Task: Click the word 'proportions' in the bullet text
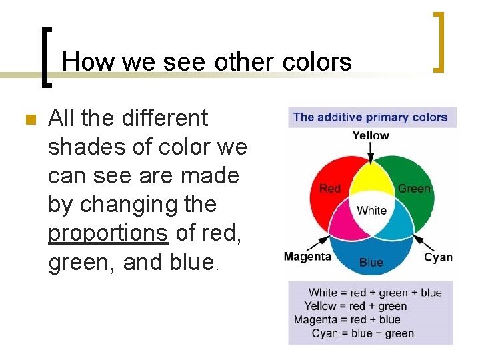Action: coord(108,233)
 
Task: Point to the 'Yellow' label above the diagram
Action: coord(371,135)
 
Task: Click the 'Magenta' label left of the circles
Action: coord(307,257)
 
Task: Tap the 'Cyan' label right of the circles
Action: coord(438,257)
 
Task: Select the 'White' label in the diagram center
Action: coord(371,211)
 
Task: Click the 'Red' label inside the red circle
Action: coord(330,189)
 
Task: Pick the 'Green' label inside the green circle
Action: coord(414,189)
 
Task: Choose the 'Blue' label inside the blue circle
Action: coord(371,262)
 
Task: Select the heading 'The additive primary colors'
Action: coord(371,117)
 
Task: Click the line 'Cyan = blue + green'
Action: coord(363,333)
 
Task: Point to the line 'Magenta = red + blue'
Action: coord(357,320)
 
